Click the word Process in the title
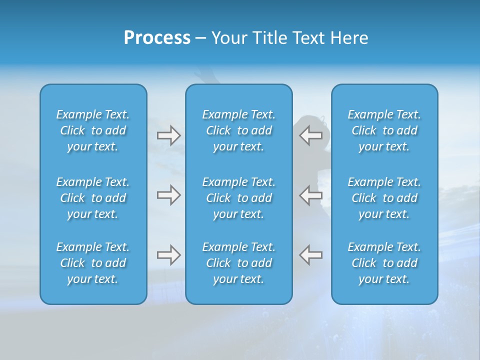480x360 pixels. (157, 38)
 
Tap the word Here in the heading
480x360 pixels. (349, 38)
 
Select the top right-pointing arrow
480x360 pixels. (168, 135)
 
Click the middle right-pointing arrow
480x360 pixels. (168, 195)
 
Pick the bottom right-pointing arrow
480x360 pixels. (168, 255)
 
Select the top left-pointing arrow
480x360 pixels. (311, 135)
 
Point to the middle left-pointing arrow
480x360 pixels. (311, 195)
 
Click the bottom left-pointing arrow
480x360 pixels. (311, 255)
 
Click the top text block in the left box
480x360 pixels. (93, 130)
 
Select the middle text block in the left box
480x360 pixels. (93, 198)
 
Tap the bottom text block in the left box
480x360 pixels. (93, 263)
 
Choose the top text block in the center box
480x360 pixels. (239, 130)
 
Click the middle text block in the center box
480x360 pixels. (239, 198)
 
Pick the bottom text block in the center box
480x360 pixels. (239, 263)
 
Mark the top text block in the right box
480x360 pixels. (384, 130)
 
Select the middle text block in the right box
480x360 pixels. (384, 198)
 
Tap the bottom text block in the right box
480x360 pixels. (384, 263)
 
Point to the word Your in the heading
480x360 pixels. (229, 38)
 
